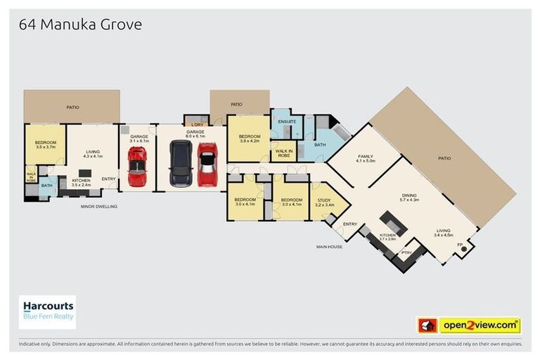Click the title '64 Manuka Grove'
80,25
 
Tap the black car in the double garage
181,163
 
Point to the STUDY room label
324,203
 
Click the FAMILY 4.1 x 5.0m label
366,159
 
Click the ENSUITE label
286,122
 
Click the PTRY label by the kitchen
406,252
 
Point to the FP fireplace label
461,245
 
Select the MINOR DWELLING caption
99,207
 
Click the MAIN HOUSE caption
329,247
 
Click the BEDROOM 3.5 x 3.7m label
45,146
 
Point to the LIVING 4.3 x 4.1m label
94,153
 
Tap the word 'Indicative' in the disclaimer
30,345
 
